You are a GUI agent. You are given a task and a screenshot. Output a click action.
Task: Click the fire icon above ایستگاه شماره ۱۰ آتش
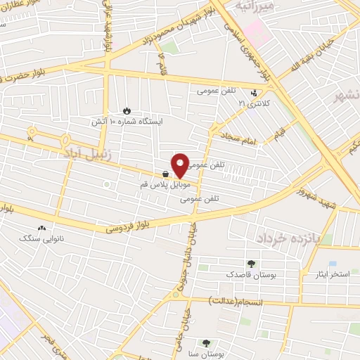pos(127,110)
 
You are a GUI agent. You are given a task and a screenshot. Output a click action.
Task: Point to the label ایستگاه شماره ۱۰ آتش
pos(127,121)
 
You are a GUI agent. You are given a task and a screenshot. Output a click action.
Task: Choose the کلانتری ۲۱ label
pos(254,103)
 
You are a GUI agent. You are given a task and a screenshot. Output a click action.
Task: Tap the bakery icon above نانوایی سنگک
pos(42,228)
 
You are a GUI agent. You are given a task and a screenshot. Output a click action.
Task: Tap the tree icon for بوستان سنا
pos(206,344)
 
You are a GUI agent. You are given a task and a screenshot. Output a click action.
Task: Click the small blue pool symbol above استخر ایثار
pos(312,264)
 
